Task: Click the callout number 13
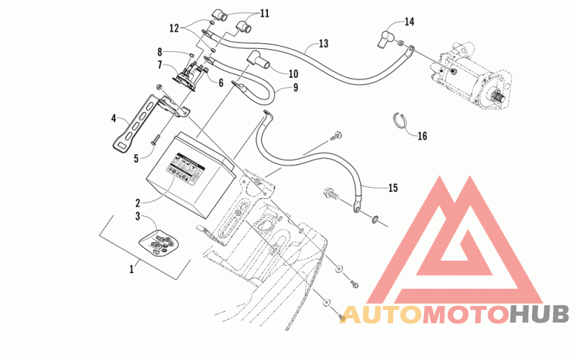click(x=323, y=44)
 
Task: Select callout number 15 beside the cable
click(x=392, y=189)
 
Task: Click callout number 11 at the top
click(x=244, y=13)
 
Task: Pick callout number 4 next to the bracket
click(x=114, y=117)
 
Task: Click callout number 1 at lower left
click(x=131, y=269)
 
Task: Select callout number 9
click(x=294, y=89)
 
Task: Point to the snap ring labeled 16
click(x=402, y=120)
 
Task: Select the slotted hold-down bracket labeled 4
click(x=132, y=123)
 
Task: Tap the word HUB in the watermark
click(x=539, y=314)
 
